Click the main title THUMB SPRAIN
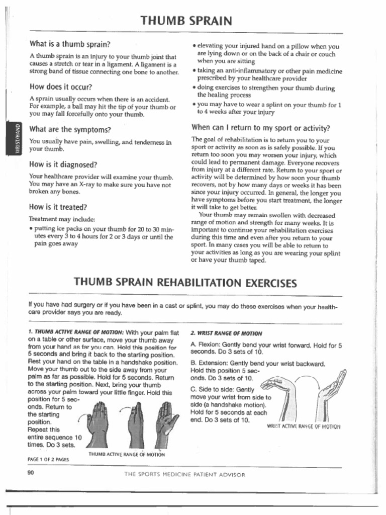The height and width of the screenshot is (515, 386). pyautogui.click(x=186, y=21)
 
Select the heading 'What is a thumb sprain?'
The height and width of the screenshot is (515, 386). pyautogui.click(x=70, y=44)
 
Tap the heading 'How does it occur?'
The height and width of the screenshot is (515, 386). pyautogui.click(x=60, y=87)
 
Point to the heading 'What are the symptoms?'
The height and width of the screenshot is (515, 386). pyautogui.click(x=70, y=129)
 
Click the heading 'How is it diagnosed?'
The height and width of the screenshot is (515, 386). pyautogui.click(x=63, y=164)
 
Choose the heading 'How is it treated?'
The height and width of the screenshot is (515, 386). pyautogui.click(x=58, y=207)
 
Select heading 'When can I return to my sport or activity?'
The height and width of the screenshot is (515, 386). pyautogui.click(x=260, y=127)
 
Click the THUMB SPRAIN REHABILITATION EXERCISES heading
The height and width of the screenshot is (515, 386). pyautogui.click(x=185, y=282)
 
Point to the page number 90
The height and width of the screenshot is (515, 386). pyautogui.click(x=31, y=473)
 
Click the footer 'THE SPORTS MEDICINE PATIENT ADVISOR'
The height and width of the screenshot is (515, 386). pyautogui.click(x=185, y=474)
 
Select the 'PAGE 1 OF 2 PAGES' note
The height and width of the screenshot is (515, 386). pyautogui.click(x=48, y=459)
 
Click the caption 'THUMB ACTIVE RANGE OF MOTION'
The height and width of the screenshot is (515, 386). pyautogui.click(x=127, y=454)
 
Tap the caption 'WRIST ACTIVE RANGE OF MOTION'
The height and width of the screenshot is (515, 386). pyautogui.click(x=303, y=426)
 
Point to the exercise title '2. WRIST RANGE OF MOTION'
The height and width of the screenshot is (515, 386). pyautogui.click(x=226, y=333)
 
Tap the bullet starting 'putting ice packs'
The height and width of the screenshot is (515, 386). pyautogui.click(x=103, y=235)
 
